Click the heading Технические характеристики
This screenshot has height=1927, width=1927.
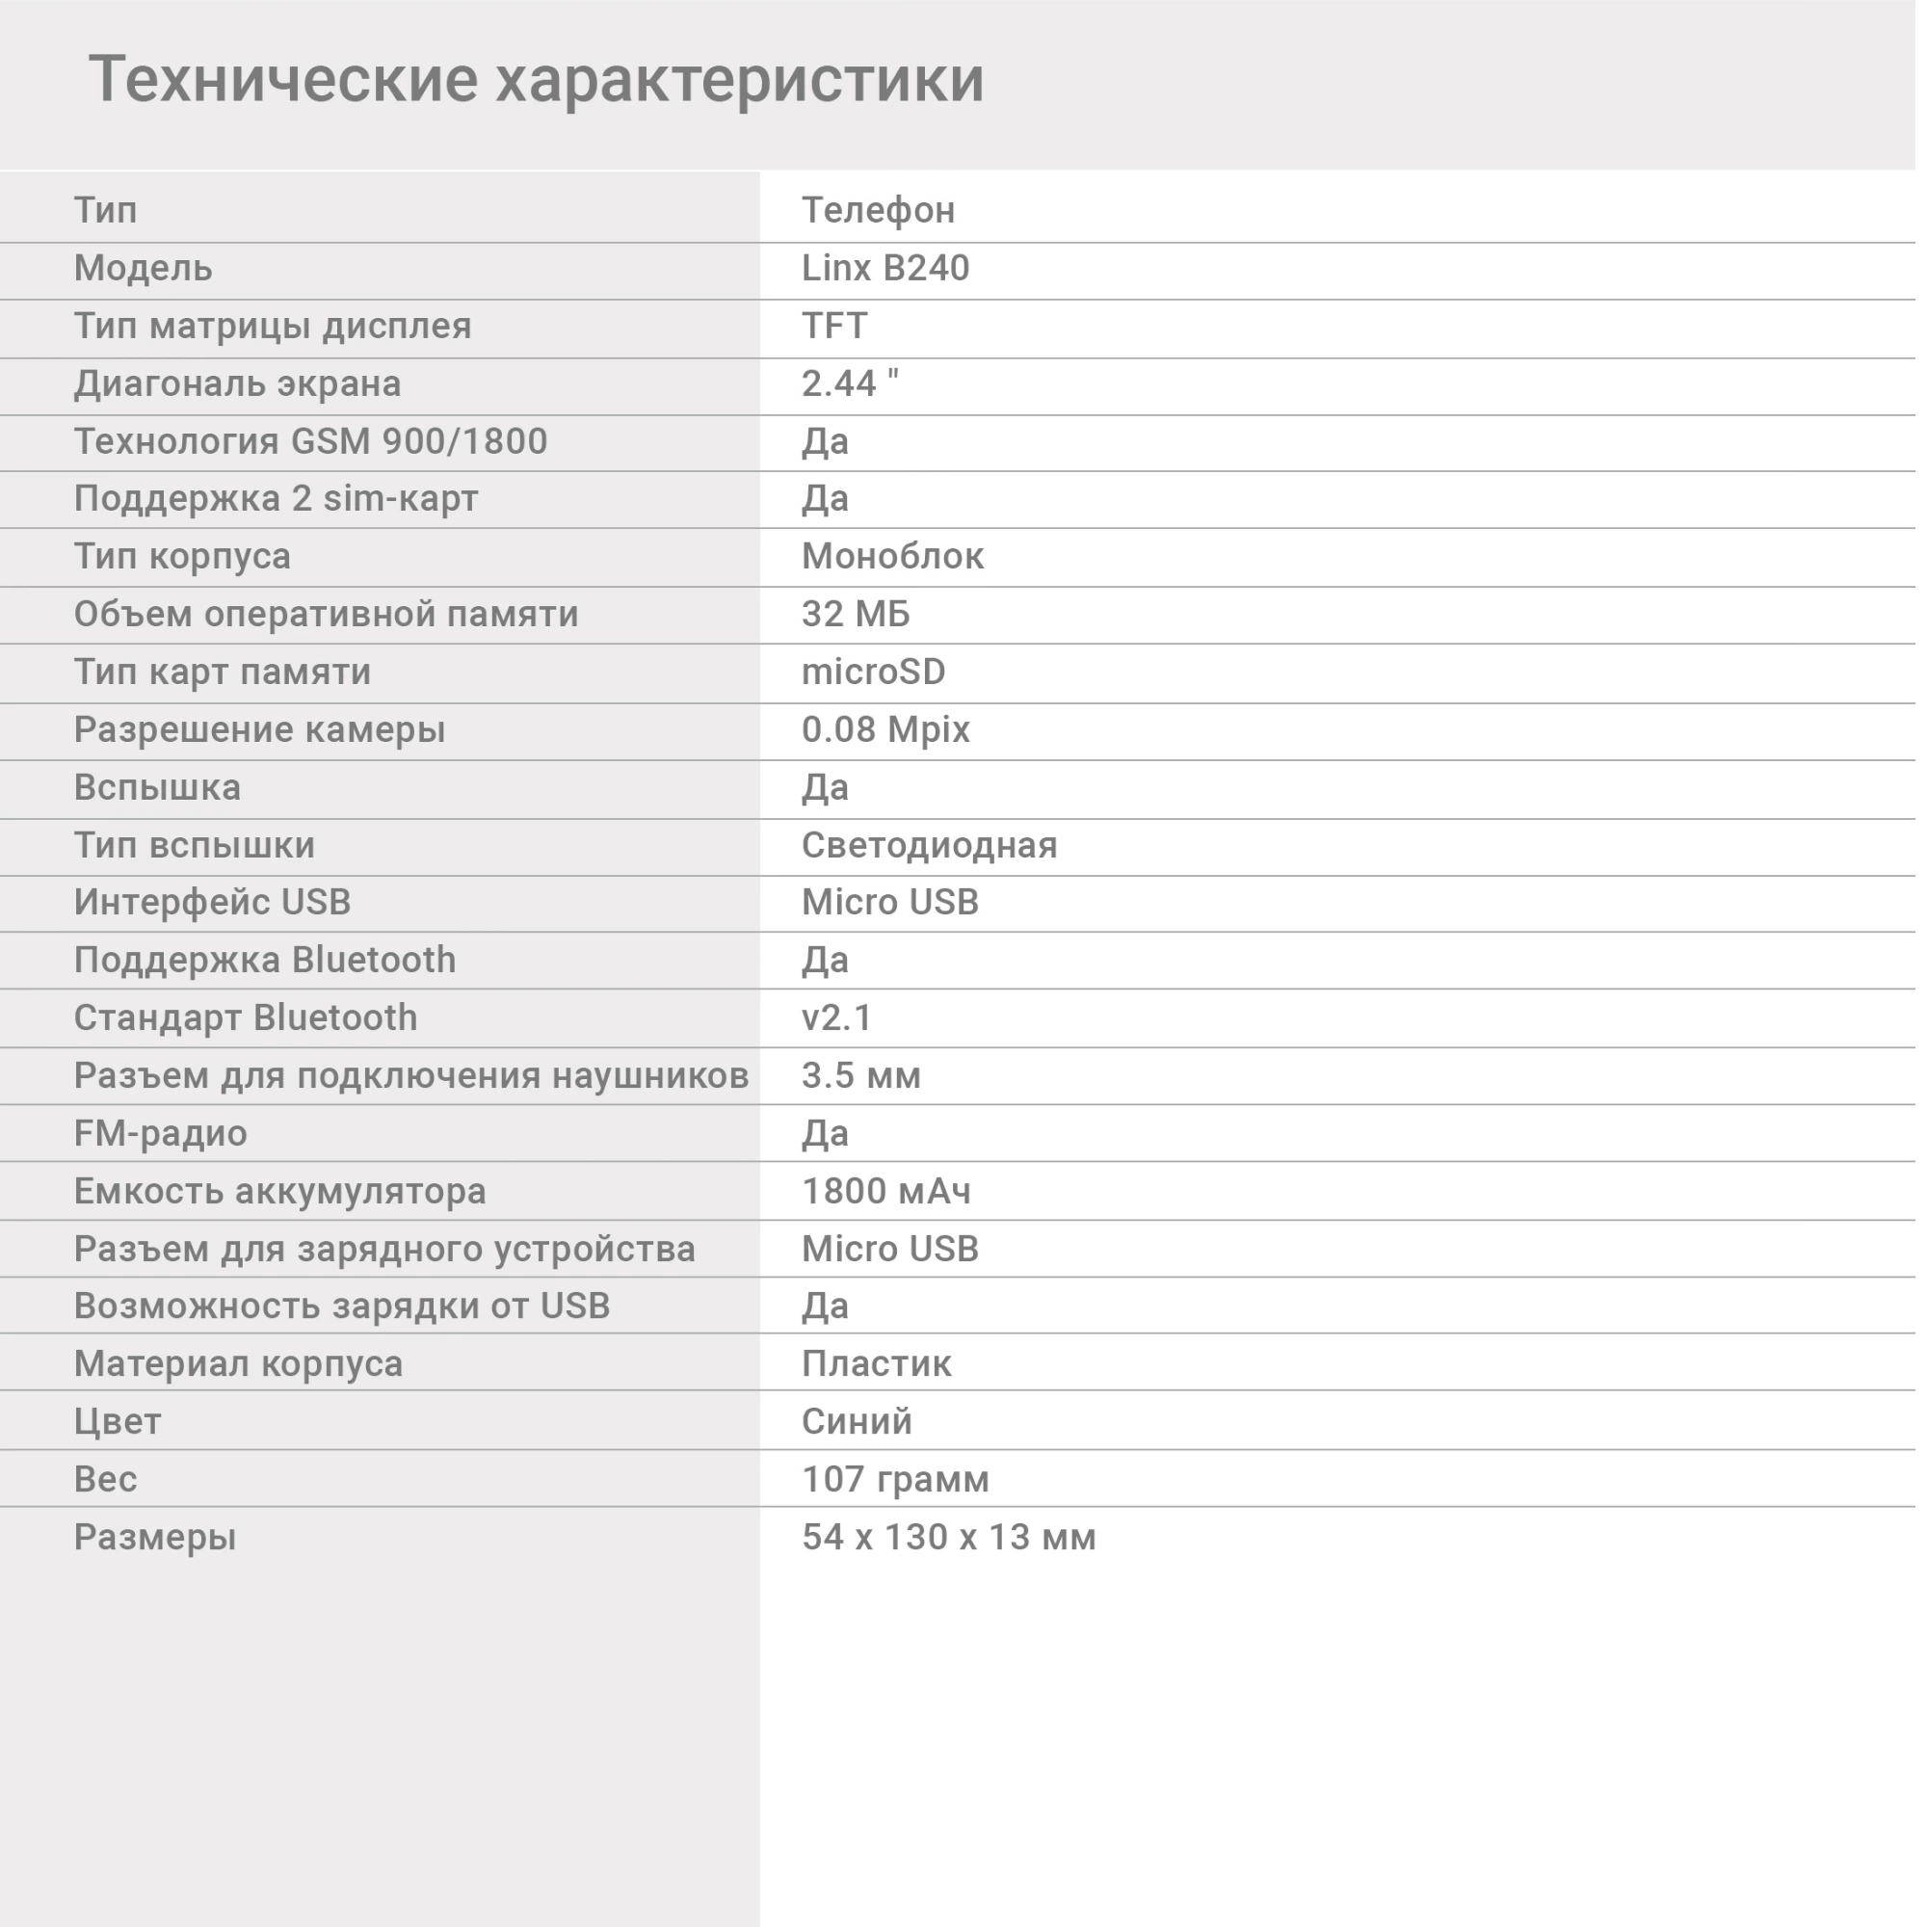click(537, 79)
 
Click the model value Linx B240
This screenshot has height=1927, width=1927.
click(884, 268)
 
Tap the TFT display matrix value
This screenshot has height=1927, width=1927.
click(833, 327)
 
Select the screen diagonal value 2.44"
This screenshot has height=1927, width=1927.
click(850, 384)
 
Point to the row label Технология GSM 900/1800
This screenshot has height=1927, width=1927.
click(310, 441)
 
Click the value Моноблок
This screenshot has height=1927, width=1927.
click(891, 557)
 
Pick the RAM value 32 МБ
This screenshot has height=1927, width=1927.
click(856, 615)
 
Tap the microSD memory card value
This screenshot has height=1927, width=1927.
click(873, 673)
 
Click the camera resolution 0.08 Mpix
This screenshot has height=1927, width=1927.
click(884, 730)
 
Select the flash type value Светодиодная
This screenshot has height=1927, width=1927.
click(929, 846)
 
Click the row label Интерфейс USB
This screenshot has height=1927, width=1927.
click(212, 903)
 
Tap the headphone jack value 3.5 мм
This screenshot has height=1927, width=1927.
click(860, 1076)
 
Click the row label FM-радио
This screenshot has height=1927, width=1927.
click(161, 1134)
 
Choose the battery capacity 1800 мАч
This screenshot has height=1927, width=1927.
click(885, 1192)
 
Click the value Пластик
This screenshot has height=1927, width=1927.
click(876, 1364)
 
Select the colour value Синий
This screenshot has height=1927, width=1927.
click(857, 1422)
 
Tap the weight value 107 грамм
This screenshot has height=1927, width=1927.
click(895, 1480)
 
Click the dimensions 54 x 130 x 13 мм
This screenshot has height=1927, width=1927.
click(948, 1538)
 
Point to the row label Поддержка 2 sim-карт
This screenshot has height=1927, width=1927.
click(277, 499)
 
